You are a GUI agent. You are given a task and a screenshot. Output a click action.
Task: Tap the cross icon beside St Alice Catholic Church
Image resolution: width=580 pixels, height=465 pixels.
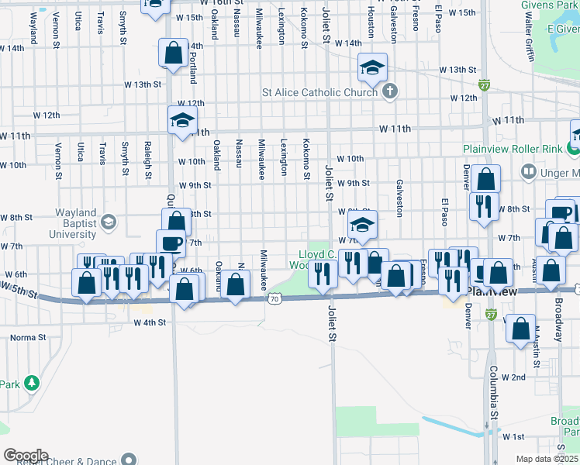point(390,92)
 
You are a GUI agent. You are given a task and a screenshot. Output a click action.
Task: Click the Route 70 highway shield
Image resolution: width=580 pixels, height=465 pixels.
point(275,298)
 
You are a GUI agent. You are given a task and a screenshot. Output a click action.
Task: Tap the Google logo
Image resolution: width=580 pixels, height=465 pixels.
point(26,456)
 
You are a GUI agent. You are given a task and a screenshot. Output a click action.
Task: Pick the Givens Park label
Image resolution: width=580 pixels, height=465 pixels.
point(556,5)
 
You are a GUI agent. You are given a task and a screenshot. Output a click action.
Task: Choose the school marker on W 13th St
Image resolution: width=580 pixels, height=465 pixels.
point(372,68)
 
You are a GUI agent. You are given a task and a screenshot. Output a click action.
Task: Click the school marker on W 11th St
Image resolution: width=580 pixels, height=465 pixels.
point(183,120)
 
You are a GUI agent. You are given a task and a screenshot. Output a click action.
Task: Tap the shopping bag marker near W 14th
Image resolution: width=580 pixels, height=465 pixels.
point(173,53)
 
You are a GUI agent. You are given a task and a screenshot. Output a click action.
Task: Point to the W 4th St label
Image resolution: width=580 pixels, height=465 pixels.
point(150,322)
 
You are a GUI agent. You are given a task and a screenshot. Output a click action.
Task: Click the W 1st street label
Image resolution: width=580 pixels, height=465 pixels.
point(513,436)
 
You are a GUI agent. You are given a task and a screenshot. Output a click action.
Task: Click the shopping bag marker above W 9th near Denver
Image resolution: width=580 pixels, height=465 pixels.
point(485,180)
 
